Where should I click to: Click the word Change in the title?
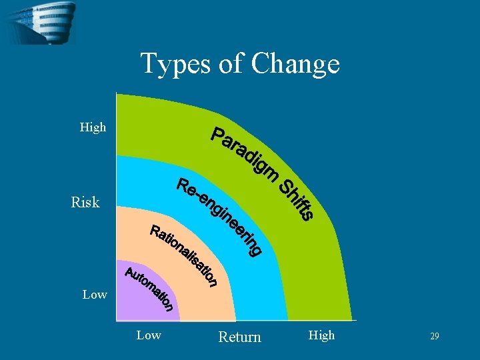click(295, 65)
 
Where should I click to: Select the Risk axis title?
click(85, 203)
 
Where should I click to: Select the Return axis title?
click(239, 337)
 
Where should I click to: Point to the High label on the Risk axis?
click(93, 127)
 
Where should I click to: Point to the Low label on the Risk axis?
click(95, 294)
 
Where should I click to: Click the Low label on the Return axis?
click(148, 335)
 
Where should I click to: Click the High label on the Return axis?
click(321, 335)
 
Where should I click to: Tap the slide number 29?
click(434, 337)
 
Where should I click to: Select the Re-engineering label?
click(219, 215)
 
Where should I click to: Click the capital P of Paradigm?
click(217, 134)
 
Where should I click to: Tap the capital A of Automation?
click(131, 273)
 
